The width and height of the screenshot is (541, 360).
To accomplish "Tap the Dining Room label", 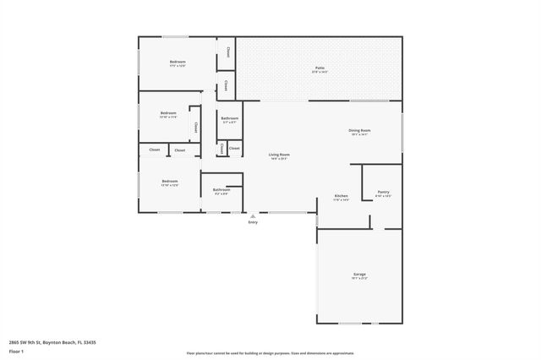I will coord(360,130).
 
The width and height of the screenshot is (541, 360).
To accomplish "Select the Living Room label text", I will coord(279,155).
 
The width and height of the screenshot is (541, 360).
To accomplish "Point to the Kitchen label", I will coord(342,196).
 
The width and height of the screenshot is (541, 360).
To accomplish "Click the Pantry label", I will coord(383,193).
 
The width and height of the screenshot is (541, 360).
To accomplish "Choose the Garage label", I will coord(359,275).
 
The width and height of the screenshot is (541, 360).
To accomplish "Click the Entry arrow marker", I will coord(252,215).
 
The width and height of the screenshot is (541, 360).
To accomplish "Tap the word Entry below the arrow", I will coord(252,222).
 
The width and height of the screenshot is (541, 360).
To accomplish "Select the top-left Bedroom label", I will coord(178,62).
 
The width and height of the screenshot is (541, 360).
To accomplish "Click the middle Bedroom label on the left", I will coord(168,113).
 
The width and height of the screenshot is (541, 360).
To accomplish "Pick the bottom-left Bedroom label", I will coord(170,181).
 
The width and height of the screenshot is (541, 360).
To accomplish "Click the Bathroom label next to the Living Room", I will coord(229,119).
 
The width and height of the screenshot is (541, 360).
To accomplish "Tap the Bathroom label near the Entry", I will coord(221,190).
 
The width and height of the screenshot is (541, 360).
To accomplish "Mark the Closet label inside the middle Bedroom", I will coord(196,128).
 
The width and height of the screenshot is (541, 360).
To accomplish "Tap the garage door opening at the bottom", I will coord(350,323).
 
